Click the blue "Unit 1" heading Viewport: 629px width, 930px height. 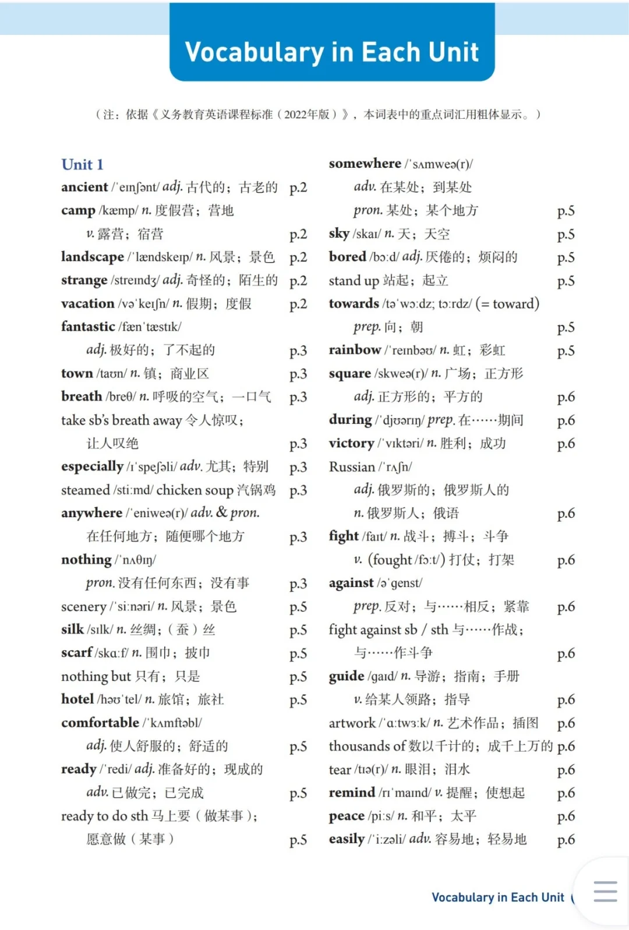click(82, 165)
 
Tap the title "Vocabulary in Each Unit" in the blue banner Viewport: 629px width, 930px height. click(332, 52)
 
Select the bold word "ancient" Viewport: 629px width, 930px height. click(84, 188)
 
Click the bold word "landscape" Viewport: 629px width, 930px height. click(93, 257)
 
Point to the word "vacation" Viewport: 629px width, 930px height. click(87, 304)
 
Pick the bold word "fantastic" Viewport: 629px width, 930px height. click(88, 327)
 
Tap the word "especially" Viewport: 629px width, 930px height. click(92, 467)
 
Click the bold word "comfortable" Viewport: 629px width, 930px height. click(100, 723)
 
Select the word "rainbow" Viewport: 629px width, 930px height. click(355, 351)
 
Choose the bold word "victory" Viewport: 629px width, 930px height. click(351, 444)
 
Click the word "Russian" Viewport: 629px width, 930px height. click(352, 467)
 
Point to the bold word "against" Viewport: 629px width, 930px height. click(351, 584)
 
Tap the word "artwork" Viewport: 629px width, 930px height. click(352, 723)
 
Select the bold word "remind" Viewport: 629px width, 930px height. click(352, 793)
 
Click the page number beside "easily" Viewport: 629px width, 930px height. click(566, 840)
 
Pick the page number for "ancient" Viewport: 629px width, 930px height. click(298, 188)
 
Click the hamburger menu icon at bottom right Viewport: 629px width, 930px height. click(605, 892)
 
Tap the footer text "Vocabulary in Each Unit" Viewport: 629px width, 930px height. click(498, 897)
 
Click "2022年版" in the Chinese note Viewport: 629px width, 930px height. click(307, 115)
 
